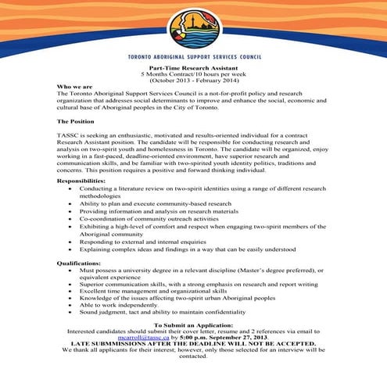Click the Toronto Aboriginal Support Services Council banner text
193,58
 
